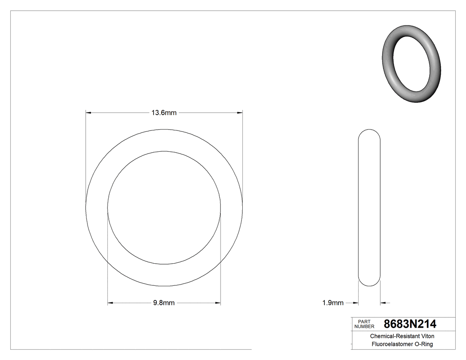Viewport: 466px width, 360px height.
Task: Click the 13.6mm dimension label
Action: click(x=164, y=113)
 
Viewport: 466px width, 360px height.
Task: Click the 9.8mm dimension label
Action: click(x=164, y=303)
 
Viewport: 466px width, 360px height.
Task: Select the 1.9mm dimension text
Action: click(x=332, y=303)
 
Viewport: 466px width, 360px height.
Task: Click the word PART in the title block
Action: click(x=364, y=321)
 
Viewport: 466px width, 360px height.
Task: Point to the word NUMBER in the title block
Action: click(x=364, y=326)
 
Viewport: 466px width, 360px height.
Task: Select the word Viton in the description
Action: click(x=427, y=336)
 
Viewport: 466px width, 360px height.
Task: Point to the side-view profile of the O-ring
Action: click(x=369, y=207)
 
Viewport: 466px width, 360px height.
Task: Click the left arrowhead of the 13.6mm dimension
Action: click(x=88, y=113)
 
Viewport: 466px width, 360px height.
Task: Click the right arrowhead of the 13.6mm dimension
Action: click(x=240, y=113)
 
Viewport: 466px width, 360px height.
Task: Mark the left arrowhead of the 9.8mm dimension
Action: click(x=111, y=303)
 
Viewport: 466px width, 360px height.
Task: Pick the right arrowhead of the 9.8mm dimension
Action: click(x=218, y=303)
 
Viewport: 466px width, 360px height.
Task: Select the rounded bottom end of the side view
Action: click(x=369, y=283)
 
